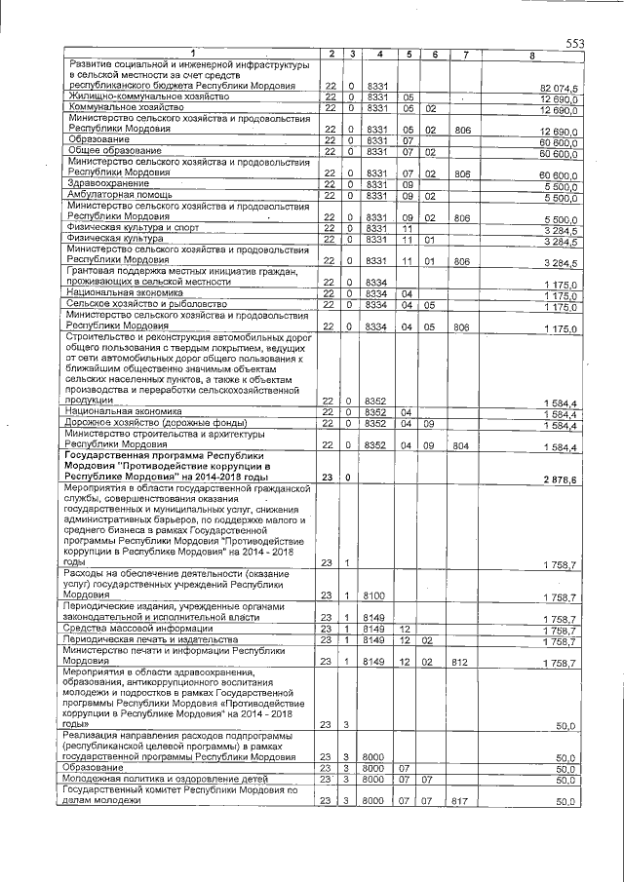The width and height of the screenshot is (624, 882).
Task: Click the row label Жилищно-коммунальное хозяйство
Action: coord(148,98)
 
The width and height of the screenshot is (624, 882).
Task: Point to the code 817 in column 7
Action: coord(463,801)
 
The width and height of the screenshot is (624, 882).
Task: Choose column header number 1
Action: coord(192,53)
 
